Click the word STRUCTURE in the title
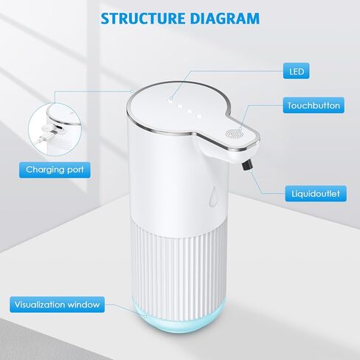144,18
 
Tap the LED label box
297,71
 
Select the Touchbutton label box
314,105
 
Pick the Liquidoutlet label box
316,193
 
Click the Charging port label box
55,170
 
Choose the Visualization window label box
57,305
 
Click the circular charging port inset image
55,129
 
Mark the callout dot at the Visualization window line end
145,316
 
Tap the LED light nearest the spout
200,115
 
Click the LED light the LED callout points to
171,99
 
